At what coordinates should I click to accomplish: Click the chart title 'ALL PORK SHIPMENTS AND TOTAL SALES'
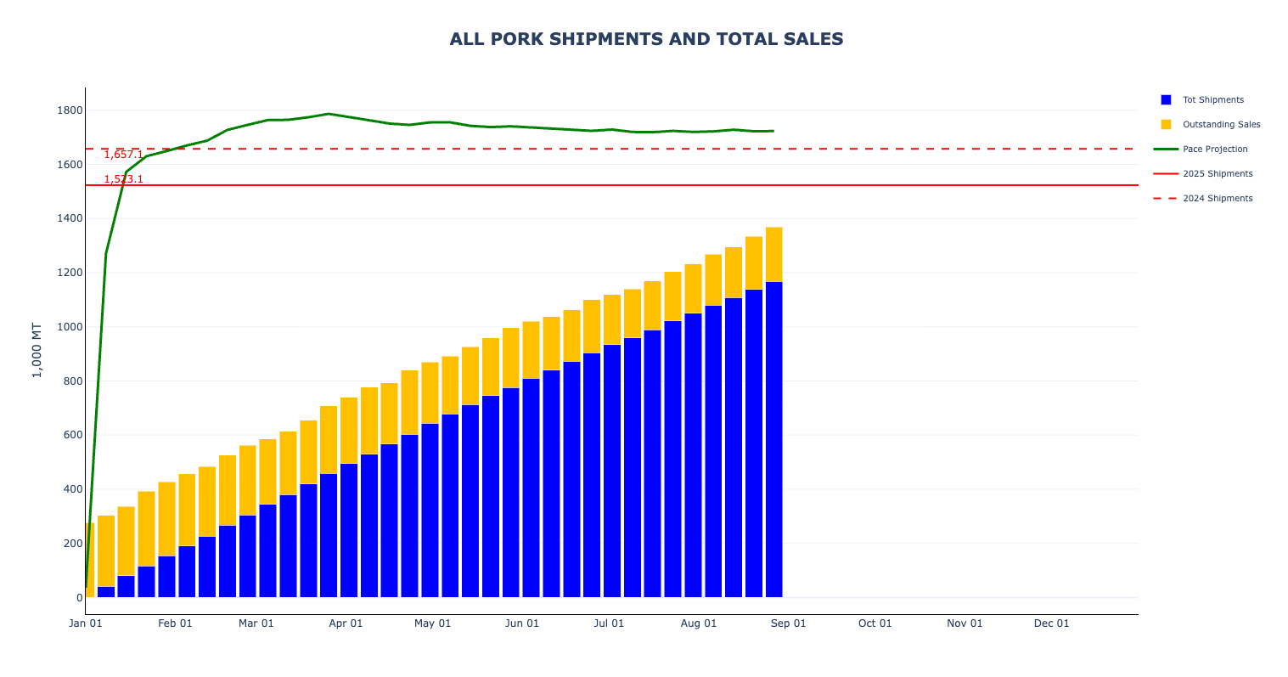point(646,39)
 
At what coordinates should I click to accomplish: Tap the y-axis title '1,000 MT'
point(37,350)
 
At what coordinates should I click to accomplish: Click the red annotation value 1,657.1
point(124,154)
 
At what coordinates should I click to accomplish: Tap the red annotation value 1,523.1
point(124,179)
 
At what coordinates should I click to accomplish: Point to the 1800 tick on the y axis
point(70,110)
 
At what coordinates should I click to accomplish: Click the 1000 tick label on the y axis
point(70,327)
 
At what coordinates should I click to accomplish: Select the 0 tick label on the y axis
point(79,598)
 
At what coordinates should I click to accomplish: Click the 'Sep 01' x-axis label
point(788,623)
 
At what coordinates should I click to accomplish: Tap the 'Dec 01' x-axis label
point(1052,623)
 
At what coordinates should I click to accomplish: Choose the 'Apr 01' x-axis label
point(346,623)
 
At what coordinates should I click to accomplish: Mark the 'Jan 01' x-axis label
point(86,623)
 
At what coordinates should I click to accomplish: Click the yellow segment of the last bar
point(774,254)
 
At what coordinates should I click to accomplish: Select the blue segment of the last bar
point(774,439)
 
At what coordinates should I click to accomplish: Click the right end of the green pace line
point(774,131)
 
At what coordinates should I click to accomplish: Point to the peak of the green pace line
point(329,114)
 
